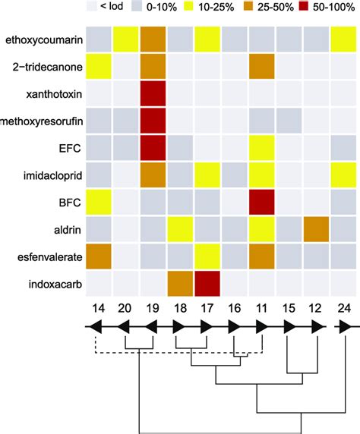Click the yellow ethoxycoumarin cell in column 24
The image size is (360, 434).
coord(346,39)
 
